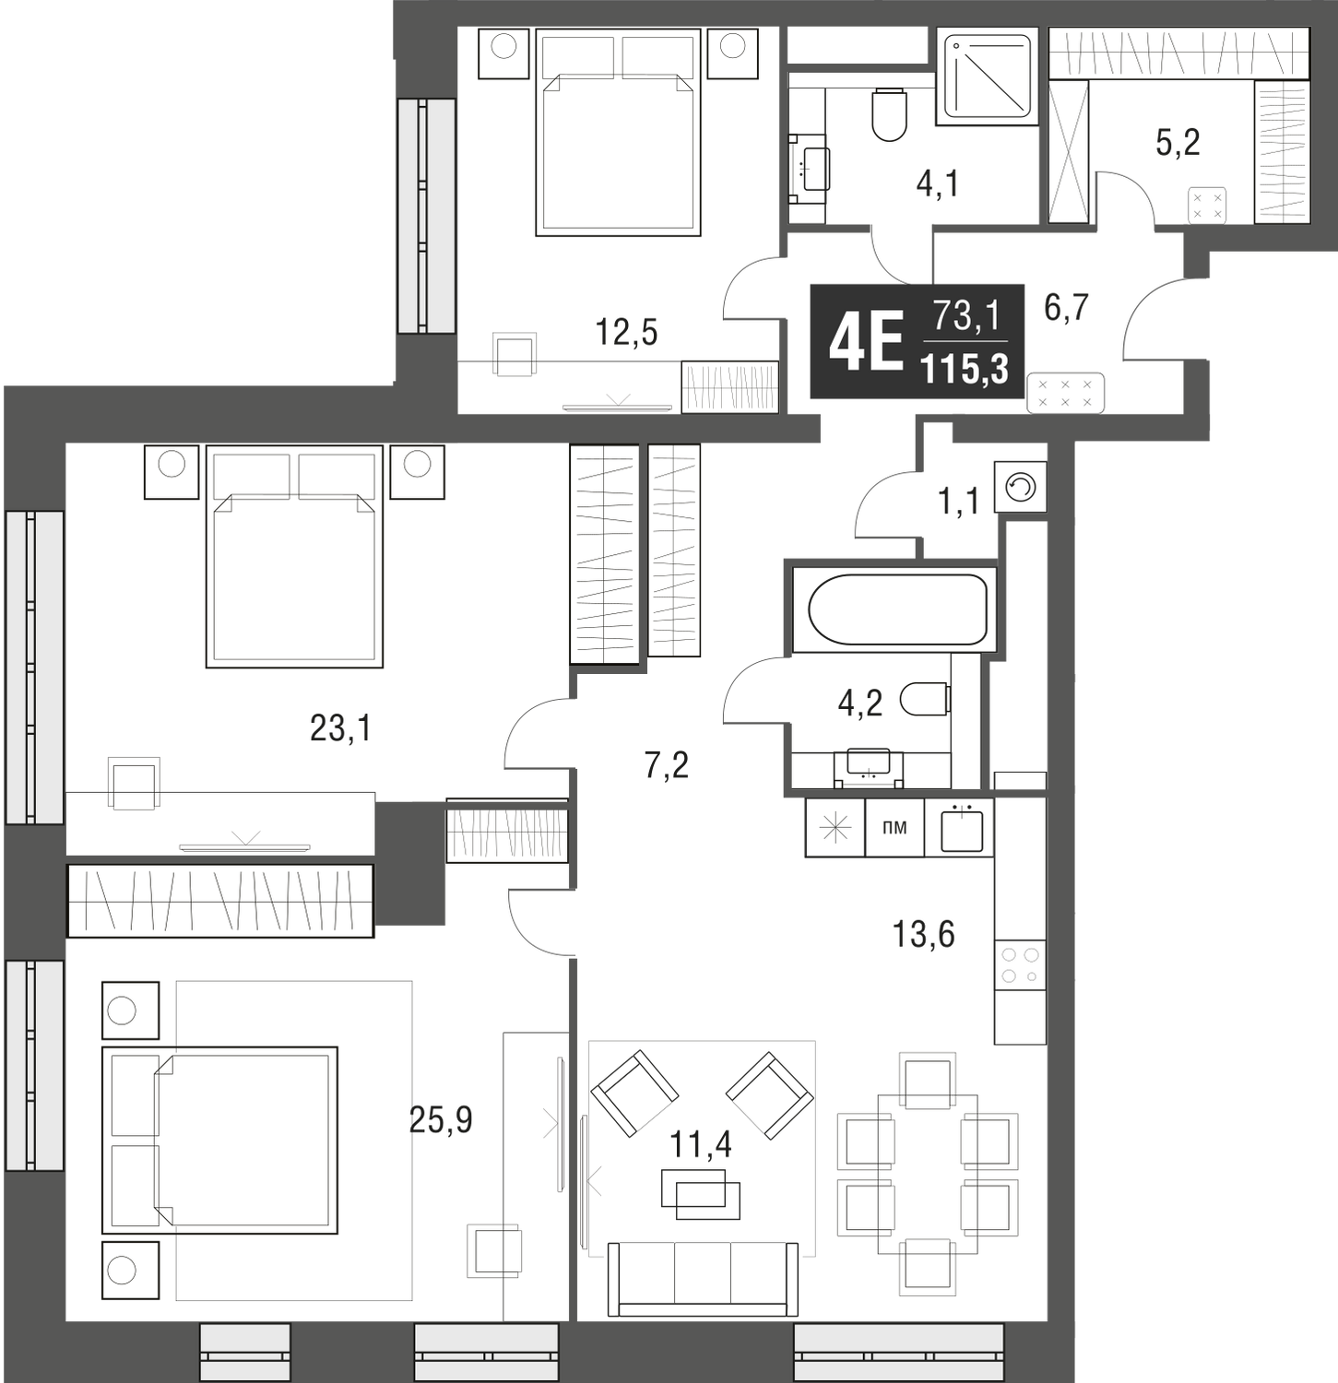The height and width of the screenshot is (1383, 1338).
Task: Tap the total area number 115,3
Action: coord(965,369)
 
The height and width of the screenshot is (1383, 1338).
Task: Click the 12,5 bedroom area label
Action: coord(628,332)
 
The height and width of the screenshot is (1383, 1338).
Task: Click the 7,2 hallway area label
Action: coord(667,764)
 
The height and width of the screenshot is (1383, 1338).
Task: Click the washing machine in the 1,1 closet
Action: coord(1021,486)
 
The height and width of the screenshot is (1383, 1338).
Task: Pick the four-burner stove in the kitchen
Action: coord(1020,963)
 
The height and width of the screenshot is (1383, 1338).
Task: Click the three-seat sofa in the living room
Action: coord(704,1276)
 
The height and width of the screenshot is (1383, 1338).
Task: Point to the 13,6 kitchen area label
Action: coord(924,935)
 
